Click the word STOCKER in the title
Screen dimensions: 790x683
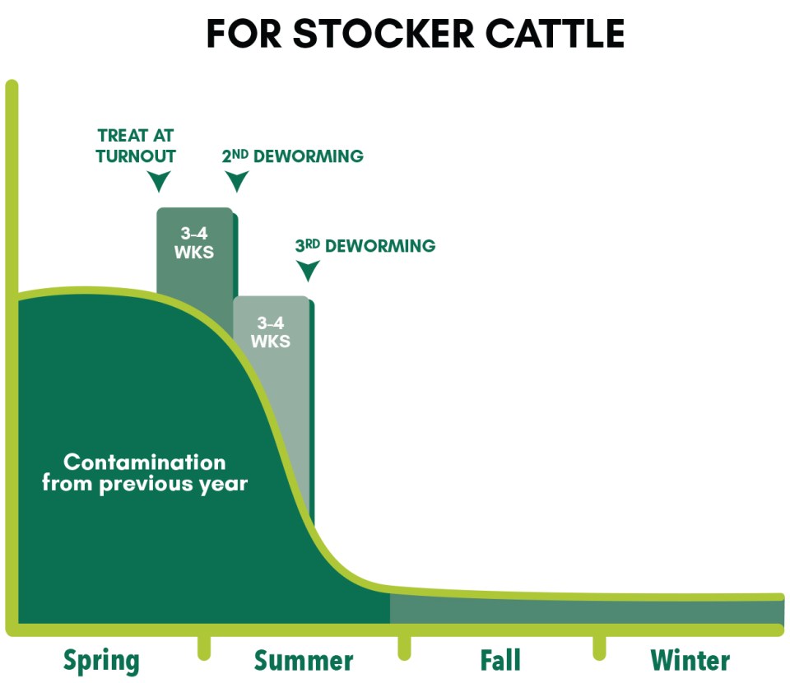[383, 34]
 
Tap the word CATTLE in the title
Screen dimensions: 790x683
[555, 34]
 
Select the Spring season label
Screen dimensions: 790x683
[101, 662]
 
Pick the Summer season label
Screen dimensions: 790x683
[304, 661]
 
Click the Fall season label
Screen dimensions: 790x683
[500, 660]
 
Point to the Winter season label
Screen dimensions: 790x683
[690, 660]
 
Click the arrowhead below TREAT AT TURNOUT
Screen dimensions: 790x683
[159, 181]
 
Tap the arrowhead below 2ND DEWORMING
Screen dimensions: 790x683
[236, 181]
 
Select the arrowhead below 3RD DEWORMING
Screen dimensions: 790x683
[308, 271]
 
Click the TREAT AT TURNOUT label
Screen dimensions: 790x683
[136, 146]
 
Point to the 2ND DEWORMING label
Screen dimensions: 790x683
[293, 156]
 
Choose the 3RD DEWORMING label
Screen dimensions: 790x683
[365, 246]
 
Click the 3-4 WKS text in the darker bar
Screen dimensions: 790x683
[194, 243]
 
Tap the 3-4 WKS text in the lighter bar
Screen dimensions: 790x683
[271, 332]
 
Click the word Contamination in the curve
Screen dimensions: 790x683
[145, 462]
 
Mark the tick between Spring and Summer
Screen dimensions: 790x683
[204, 648]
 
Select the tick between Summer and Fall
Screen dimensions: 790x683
[404, 648]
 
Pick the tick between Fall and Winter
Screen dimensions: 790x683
[599, 648]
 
